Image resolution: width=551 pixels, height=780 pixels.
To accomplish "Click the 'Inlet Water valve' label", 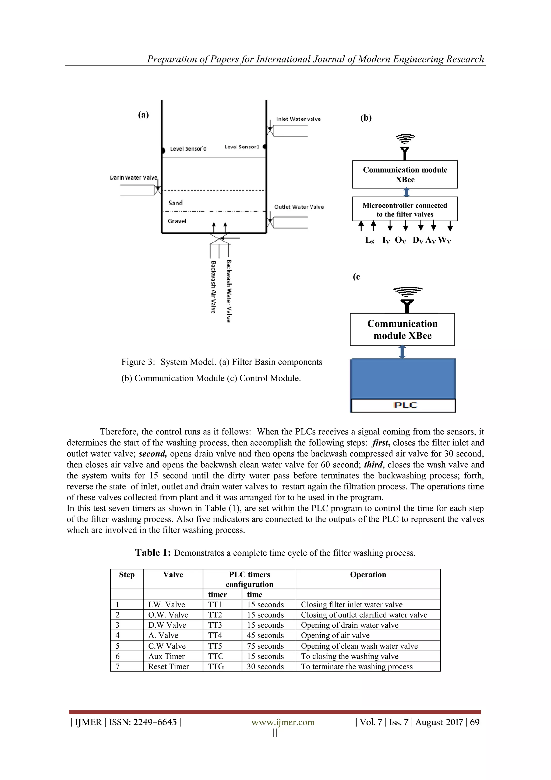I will [x=298, y=119].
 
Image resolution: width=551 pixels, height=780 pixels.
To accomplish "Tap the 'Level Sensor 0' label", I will [x=188, y=149].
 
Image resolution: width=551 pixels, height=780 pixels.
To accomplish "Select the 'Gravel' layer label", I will [x=177, y=221].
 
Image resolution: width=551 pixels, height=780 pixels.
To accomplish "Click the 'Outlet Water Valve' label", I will [x=299, y=207].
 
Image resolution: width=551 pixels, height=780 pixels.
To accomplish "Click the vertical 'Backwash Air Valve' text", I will [x=213, y=287].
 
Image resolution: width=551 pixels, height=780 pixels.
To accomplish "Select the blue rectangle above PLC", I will [x=403, y=379].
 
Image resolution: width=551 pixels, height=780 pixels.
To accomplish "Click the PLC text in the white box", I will [x=405, y=405].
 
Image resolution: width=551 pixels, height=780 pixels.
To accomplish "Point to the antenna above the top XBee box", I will [x=405, y=148].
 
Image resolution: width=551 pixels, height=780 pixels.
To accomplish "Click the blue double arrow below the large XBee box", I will [x=402, y=352].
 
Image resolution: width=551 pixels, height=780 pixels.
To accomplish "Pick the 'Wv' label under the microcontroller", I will [x=444, y=240].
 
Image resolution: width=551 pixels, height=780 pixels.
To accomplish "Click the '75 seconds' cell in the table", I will [x=265, y=646].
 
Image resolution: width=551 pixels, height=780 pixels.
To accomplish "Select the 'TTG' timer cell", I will [x=216, y=667].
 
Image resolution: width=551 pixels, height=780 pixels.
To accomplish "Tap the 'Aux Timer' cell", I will [x=166, y=656].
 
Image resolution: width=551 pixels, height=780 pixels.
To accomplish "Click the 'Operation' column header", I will [x=368, y=575].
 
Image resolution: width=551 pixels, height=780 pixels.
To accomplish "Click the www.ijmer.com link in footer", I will [x=283, y=722].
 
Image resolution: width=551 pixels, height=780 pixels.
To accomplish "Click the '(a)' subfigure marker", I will [x=143, y=115].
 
